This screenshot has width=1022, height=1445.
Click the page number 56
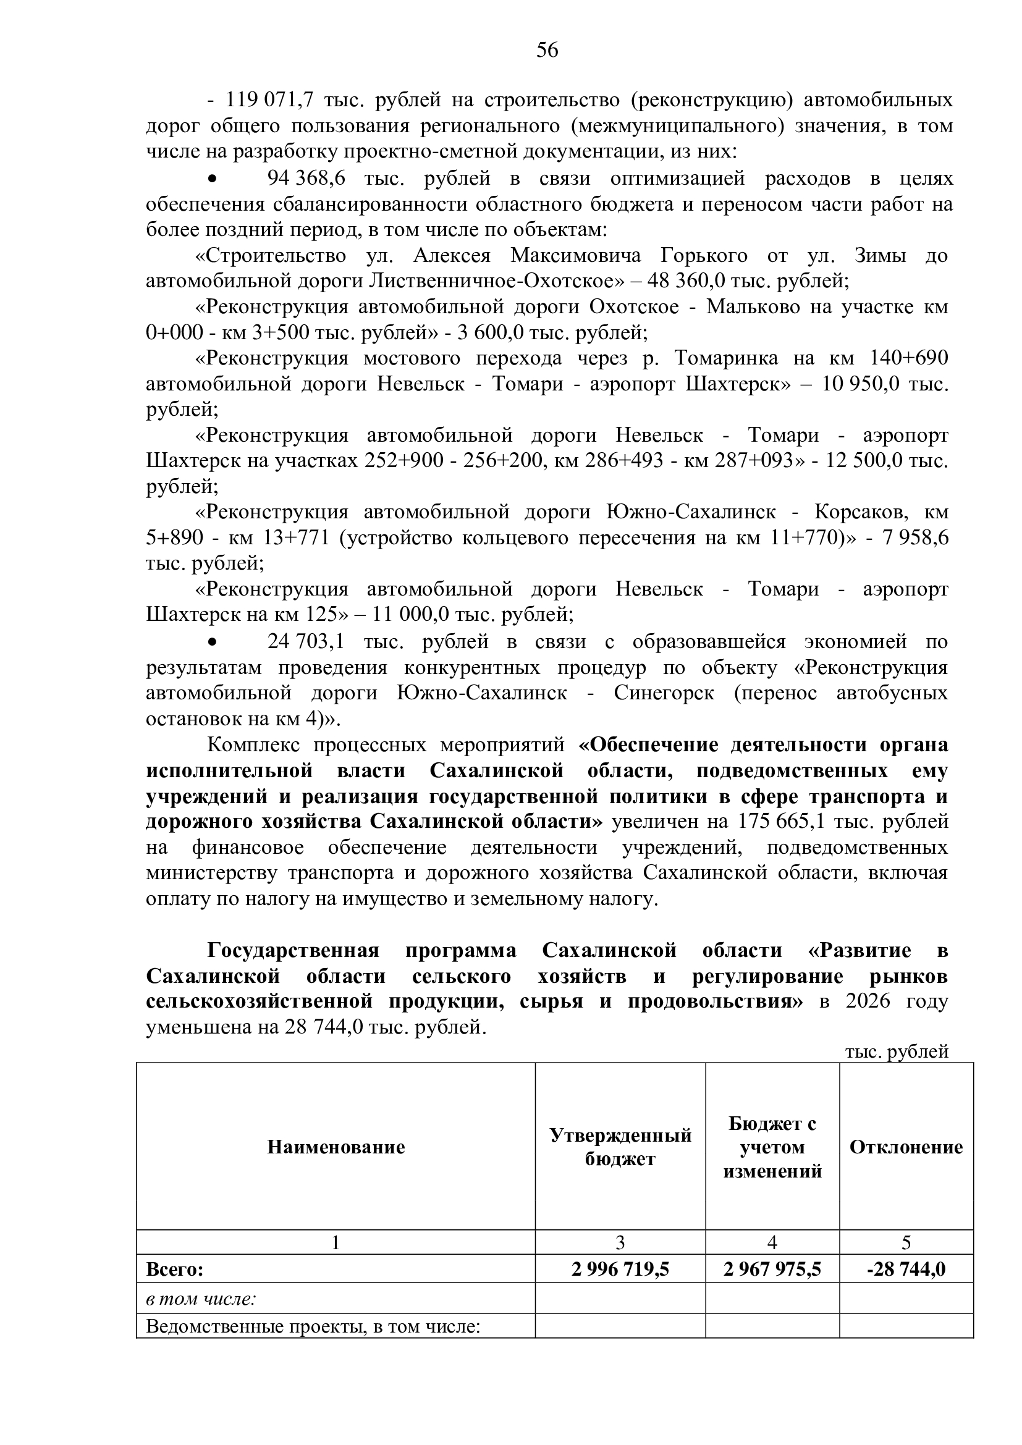coord(547,50)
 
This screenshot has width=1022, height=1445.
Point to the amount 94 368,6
coord(306,179)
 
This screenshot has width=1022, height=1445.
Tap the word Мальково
coord(756,306)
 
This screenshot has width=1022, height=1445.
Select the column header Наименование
coord(336,1147)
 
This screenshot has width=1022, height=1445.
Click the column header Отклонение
coord(906,1147)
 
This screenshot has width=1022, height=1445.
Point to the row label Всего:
coord(175,1270)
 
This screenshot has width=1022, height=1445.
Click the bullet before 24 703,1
coord(213,642)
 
